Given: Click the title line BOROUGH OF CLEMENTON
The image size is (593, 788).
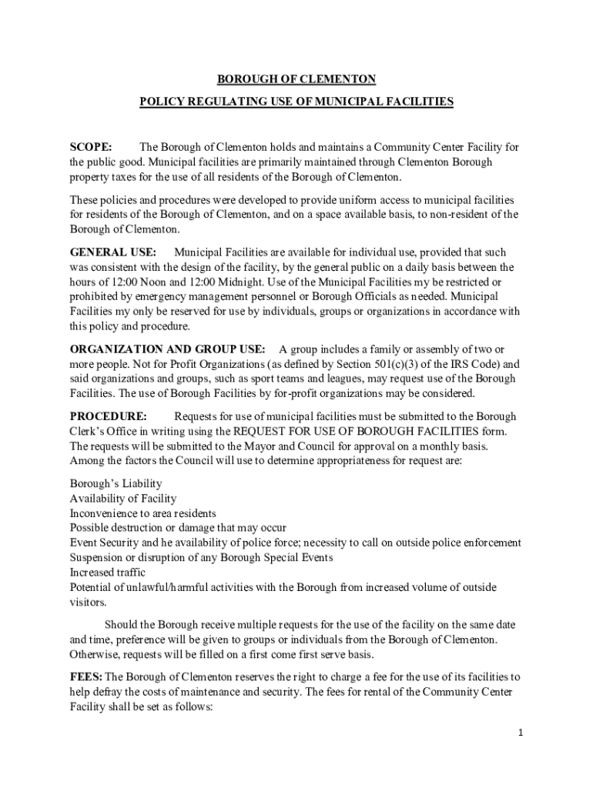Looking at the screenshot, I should (x=296, y=78).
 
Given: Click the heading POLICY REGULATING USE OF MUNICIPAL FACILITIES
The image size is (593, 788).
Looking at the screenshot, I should (x=296, y=101).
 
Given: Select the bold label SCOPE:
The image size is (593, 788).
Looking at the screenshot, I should (x=91, y=147).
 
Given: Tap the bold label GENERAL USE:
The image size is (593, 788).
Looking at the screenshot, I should (x=113, y=252).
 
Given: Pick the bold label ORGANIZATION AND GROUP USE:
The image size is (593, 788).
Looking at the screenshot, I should (x=168, y=349).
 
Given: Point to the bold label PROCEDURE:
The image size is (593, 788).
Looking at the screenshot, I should (x=109, y=416).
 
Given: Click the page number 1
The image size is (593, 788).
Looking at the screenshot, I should (x=521, y=733).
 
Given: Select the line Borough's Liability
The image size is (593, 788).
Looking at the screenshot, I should (x=116, y=483).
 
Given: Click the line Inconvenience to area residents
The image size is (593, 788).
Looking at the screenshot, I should (x=143, y=513).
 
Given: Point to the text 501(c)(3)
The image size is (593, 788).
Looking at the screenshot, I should (x=384, y=364).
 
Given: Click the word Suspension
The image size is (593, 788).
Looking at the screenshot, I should (x=99, y=558).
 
